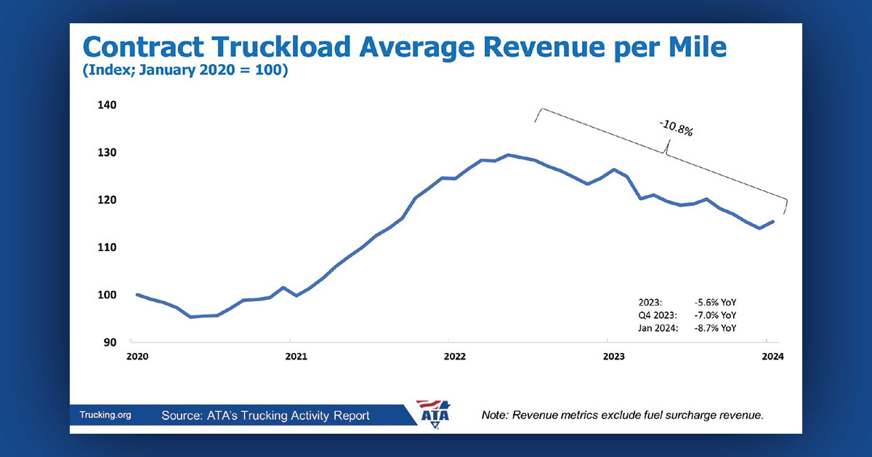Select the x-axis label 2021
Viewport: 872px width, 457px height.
pos(296,357)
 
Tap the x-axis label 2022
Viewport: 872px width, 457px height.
pos(455,357)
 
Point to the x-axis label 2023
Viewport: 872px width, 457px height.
pos(614,357)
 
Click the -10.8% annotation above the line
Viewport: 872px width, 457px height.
pos(677,129)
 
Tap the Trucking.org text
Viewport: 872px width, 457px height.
pos(105,416)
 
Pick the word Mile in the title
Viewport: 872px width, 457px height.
pos(687,47)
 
